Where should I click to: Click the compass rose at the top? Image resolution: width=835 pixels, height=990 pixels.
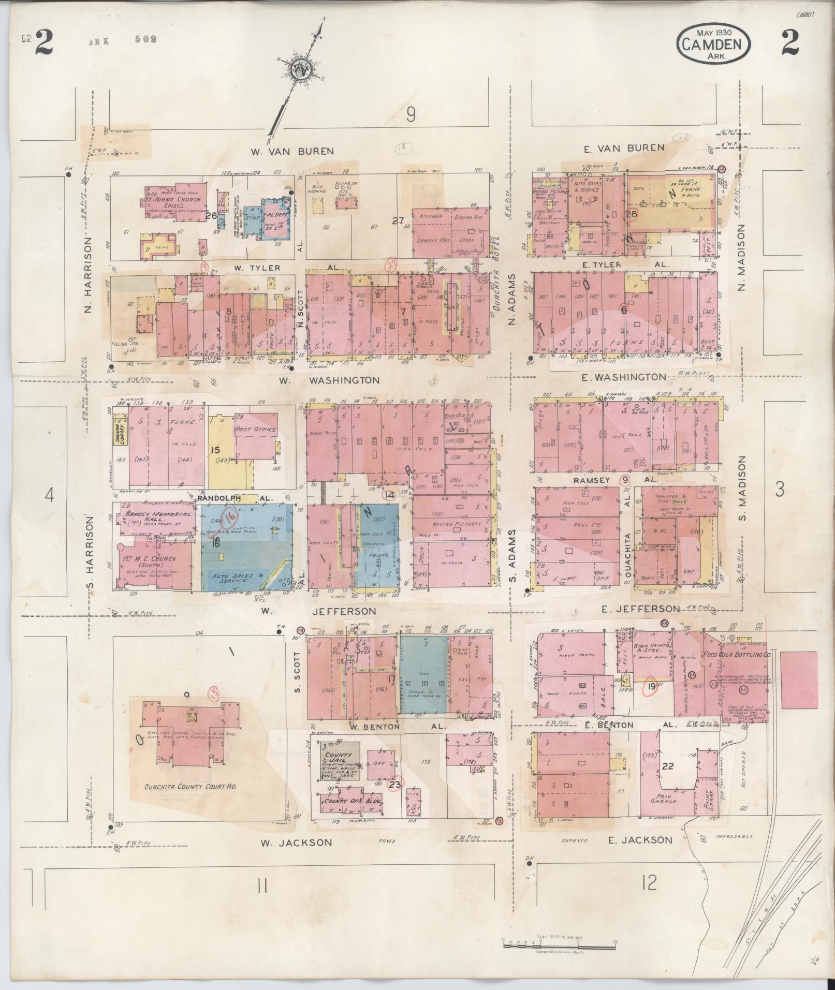pos(299,72)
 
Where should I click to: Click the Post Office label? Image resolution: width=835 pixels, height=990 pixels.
pos(256,430)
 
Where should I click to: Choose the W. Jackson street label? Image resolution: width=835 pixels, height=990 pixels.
pos(296,843)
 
